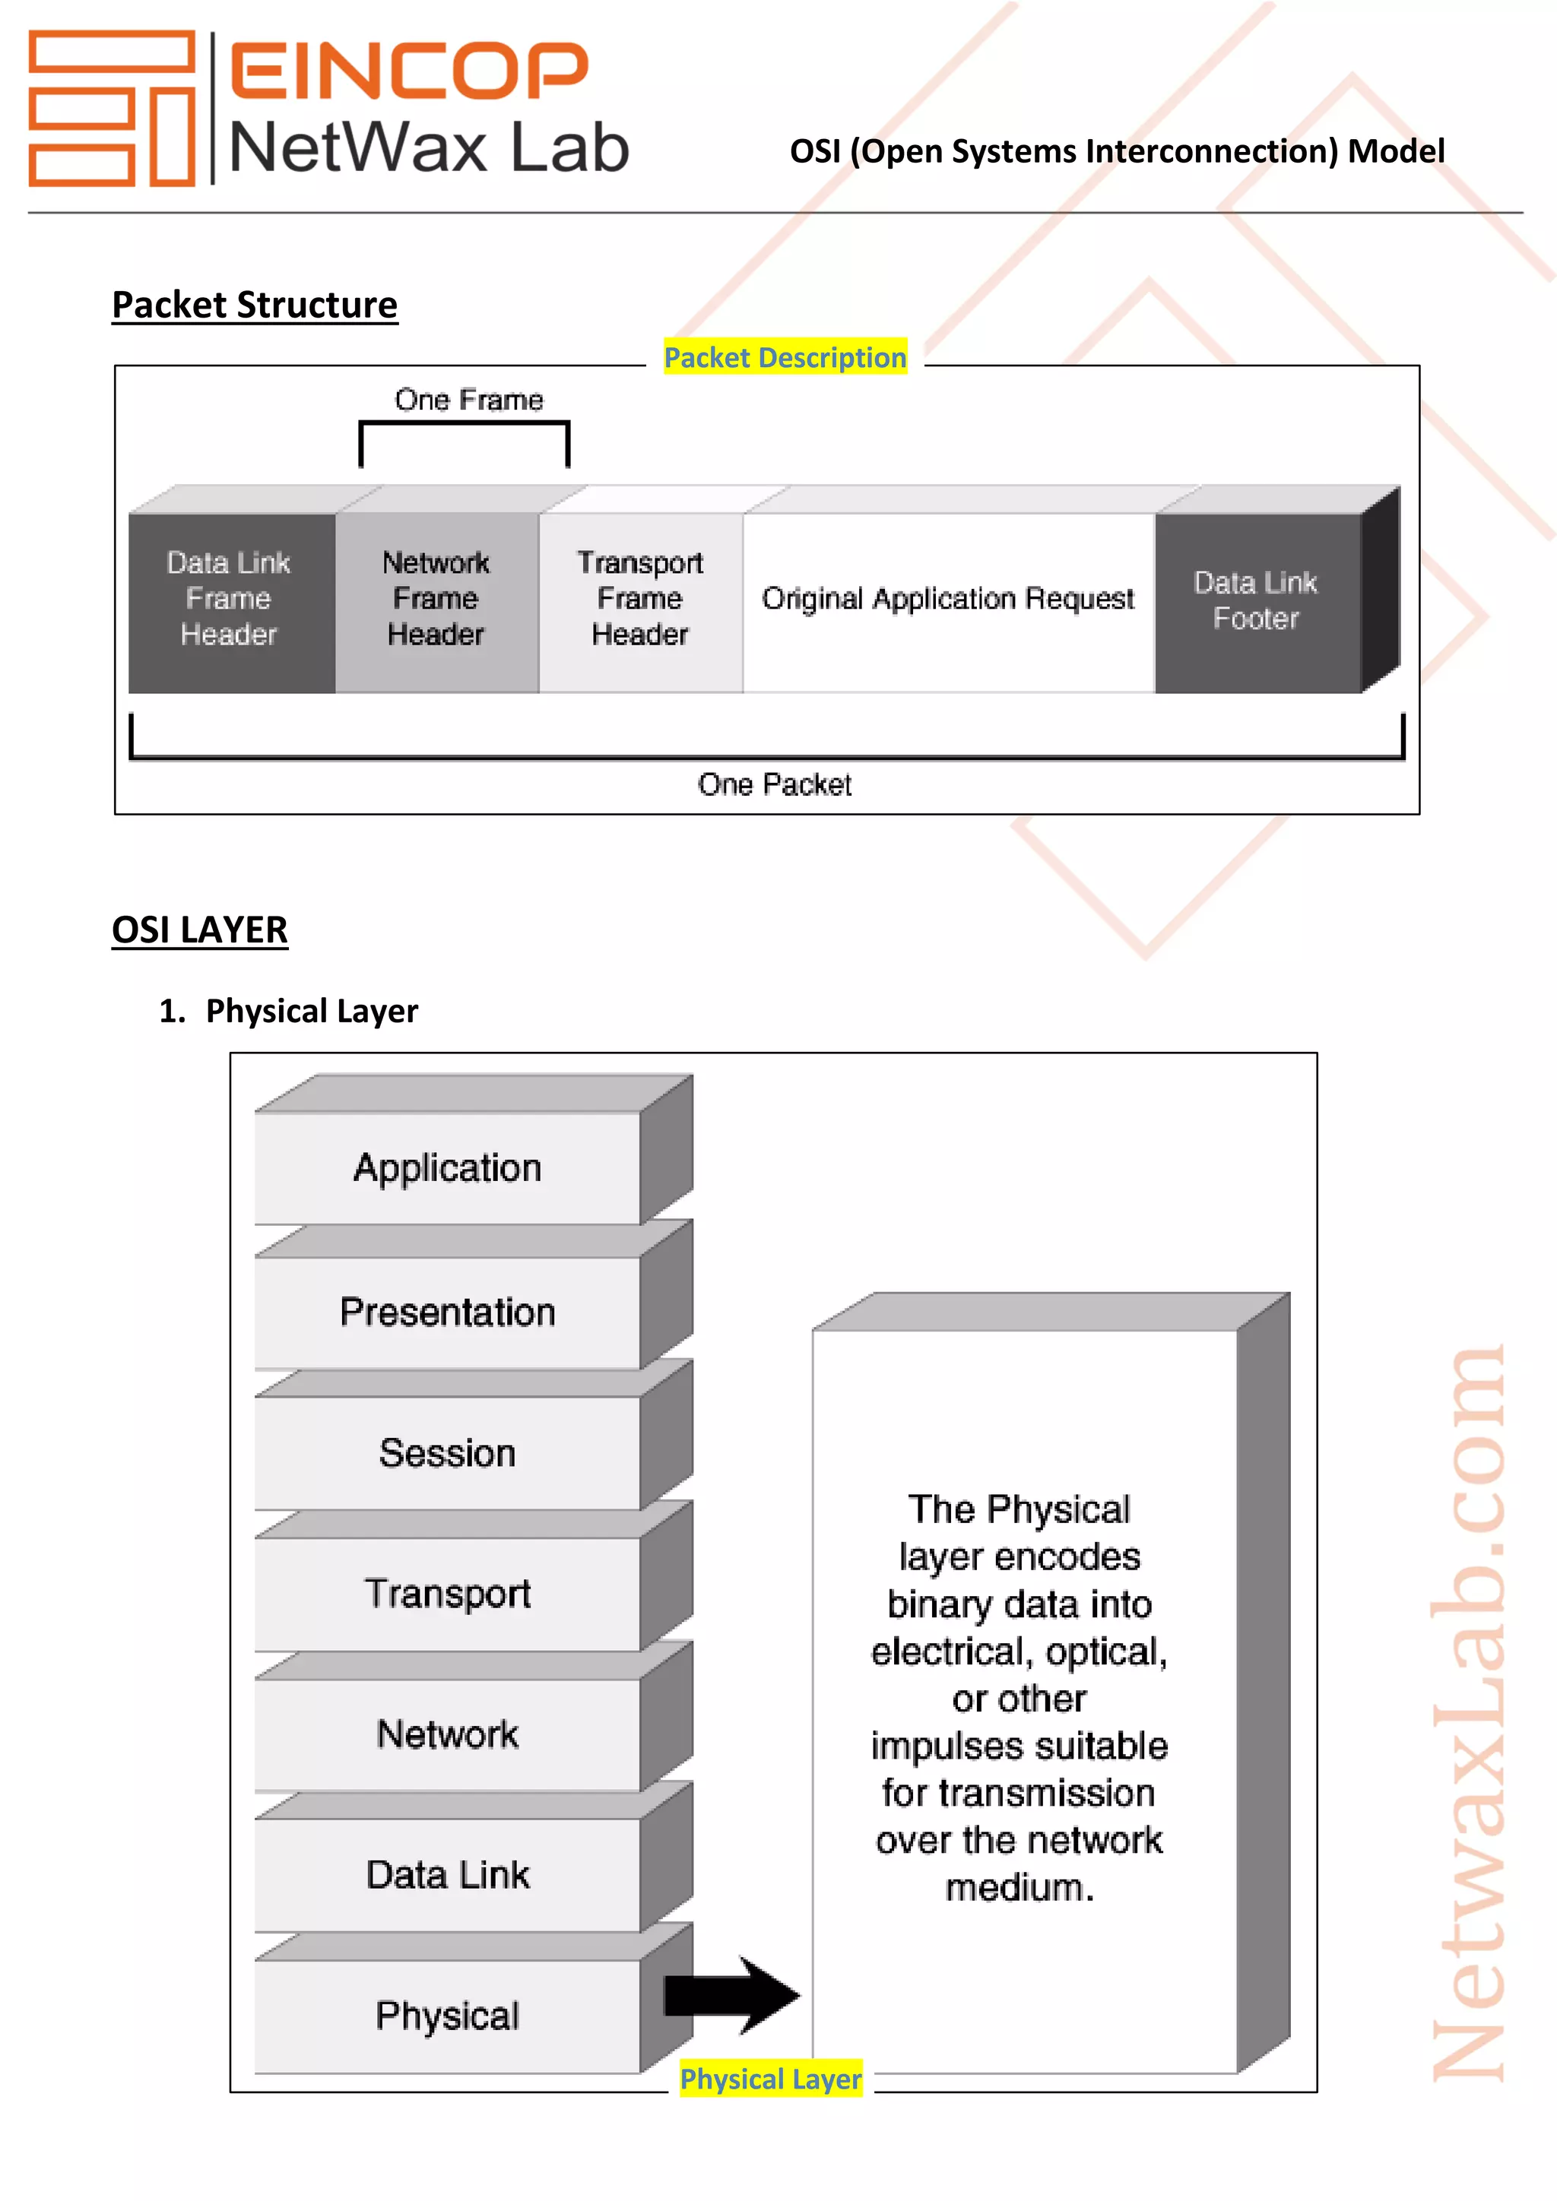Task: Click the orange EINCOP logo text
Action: pyautogui.click(x=408, y=70)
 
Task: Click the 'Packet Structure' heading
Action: pyautogui.click(x=254, y=305)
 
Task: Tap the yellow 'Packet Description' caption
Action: pyautogui.click(x=785, y=357)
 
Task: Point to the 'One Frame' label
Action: pyautogui.click(x=469, y=400)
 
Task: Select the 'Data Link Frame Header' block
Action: pyautogui.click(x=229, y=599)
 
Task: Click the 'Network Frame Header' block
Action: pyautogui.click(x=436, y=599)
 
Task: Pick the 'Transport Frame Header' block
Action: pyautogui.click(x=640, y=599)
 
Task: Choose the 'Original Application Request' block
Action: pyautogui.click(x=947, y=599)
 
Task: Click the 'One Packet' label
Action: pyautogui.click(x=774, y=785)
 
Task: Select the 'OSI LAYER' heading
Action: pyautogui.click(x=199, y=929)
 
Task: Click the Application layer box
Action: pyautogui.click(x=448, y=1167)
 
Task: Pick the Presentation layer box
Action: pyautogui.click(x=448, y=1313)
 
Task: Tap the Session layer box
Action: pyautogui.click(x=448, y=1453)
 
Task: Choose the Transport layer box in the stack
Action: pyautogui.click(x=448, y=1595)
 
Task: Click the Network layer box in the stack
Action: pyautogui.click(x=448, y=1734)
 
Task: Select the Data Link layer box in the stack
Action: pyautogui.click(x=448, y=1875)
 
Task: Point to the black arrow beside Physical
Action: pyautogui.click(x=732, y=1996)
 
